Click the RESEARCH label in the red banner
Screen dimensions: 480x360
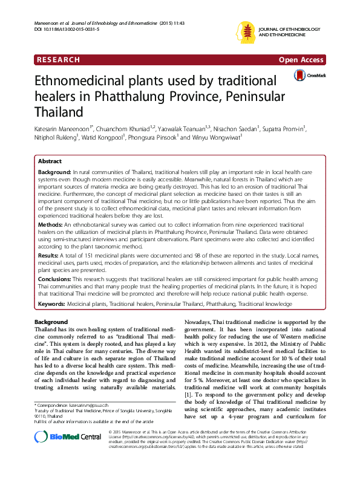tap(58, 59)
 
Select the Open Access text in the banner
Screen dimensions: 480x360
tap(302, 59)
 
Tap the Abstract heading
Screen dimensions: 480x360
tap(50, 162)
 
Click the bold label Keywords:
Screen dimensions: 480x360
tap(51, 302)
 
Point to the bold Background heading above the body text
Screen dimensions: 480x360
tap(51, 322)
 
